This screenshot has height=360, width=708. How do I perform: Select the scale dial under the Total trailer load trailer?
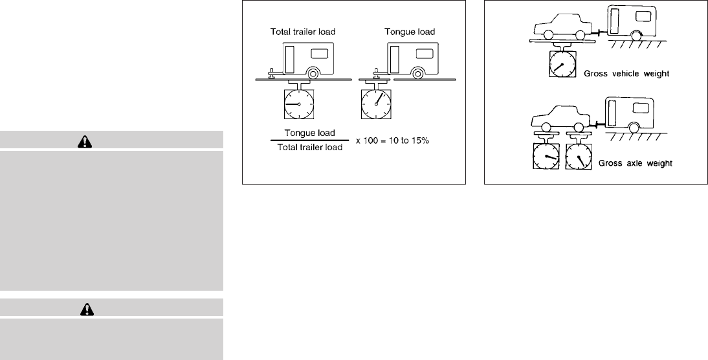[x=298, y=104]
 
